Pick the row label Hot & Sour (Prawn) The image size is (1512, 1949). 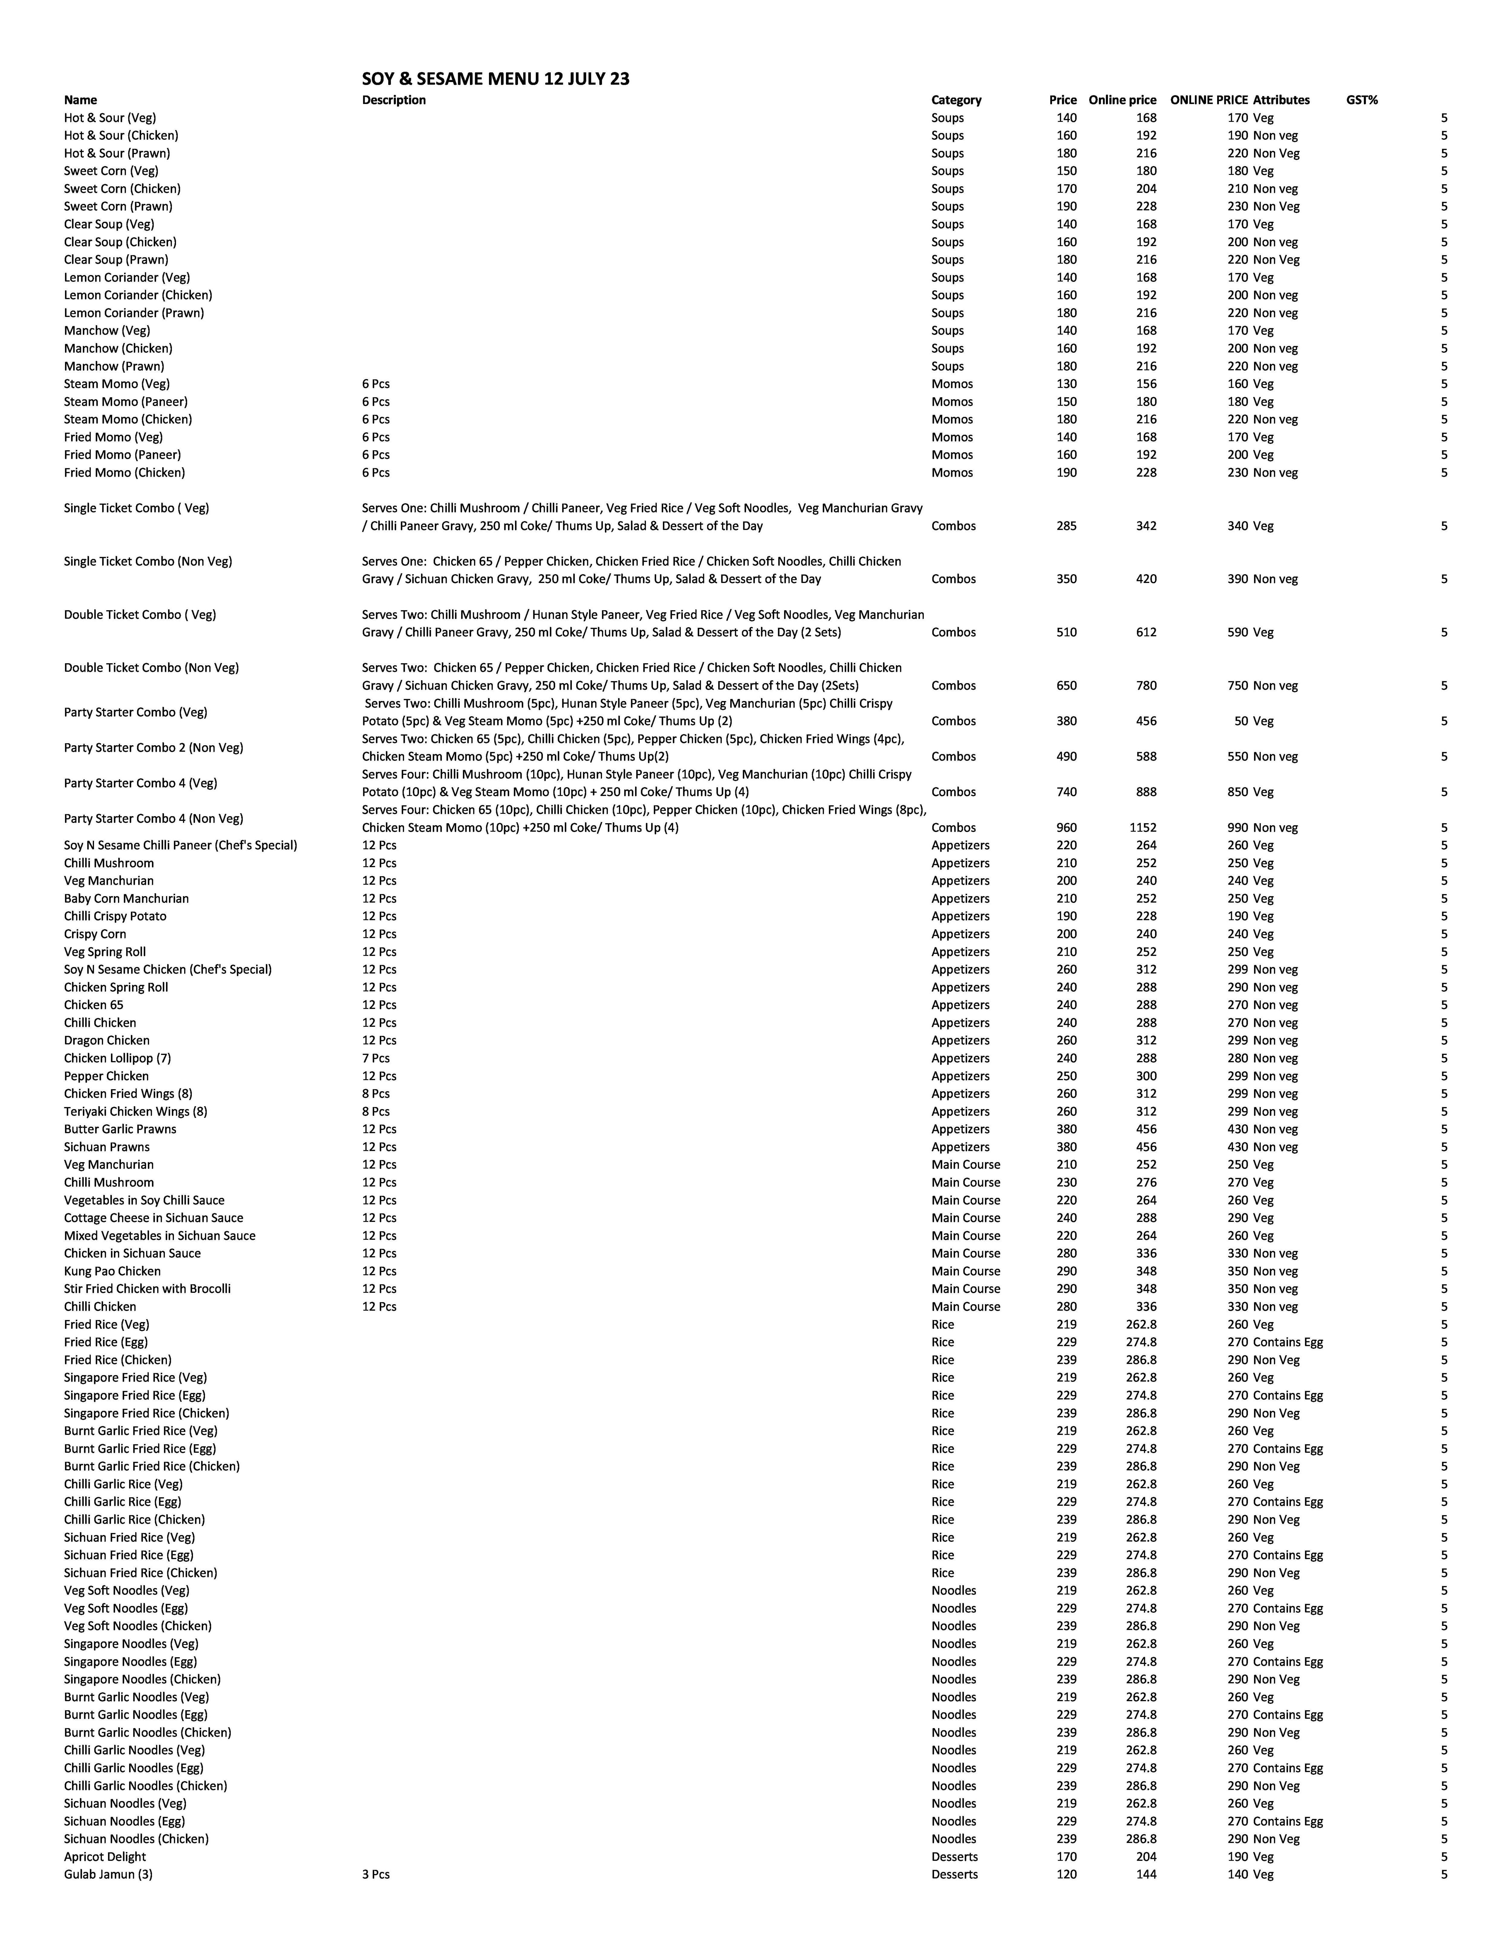117,153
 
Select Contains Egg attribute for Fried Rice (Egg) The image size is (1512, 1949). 1287,1342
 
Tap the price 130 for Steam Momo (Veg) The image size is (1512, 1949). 1066,384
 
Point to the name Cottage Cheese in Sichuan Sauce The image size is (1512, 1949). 153,1218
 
